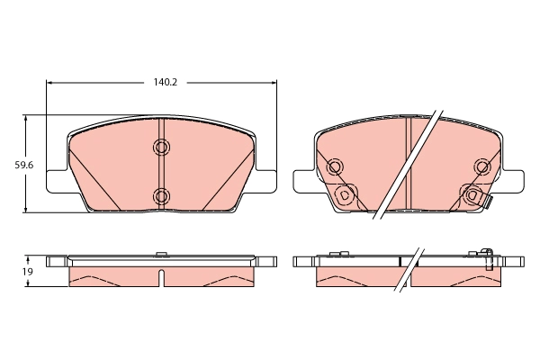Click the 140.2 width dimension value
click(x=163, y=82)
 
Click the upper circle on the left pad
click(x=162, y=148)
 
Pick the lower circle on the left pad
click(x=162, y=195)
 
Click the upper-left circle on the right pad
click(x=335, y=166)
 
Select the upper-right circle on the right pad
click(x=482, y=166)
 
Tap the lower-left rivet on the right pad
click(x=343, y=193)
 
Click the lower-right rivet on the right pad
click(x=472, y=193)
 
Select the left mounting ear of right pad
click(x=303, y=181)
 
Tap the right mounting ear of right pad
click(x=512, y=181)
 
